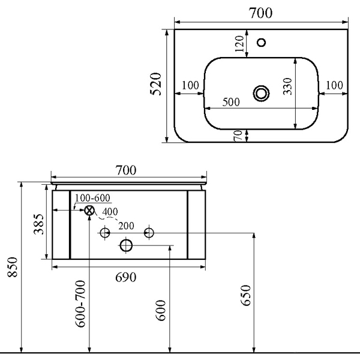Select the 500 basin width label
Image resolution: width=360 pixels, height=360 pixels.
point(231,102)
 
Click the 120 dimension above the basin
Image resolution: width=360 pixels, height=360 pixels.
point(239,44)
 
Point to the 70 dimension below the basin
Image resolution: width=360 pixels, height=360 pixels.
point(238,136)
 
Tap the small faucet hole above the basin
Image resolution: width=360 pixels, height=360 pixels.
point(261,43)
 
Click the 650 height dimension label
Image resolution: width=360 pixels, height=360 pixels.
point(245,295)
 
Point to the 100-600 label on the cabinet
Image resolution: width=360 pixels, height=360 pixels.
point(93,199)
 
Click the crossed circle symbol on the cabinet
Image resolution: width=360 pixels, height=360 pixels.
point(89,210)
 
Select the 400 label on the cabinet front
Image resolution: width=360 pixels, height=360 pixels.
point(110,212)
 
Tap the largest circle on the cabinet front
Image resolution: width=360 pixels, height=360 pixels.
point(127,245)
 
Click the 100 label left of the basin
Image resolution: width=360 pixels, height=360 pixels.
point(190,85)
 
